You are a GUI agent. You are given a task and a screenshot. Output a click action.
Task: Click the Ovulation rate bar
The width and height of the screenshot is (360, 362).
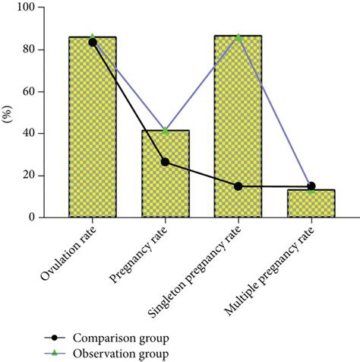(x=92, y=137)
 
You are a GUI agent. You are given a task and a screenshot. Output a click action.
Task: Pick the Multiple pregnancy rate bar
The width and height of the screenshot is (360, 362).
(x=311, y=205)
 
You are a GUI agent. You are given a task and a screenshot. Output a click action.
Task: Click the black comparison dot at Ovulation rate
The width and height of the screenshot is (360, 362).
(x=93, y=43)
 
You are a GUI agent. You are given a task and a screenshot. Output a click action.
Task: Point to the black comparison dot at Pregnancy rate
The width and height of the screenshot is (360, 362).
(x=165, y=162)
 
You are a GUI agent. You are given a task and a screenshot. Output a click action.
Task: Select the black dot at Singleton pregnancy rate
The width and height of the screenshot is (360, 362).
(x=238, y=186)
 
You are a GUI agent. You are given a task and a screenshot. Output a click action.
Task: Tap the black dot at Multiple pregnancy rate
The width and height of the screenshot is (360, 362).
(x=311, y=186)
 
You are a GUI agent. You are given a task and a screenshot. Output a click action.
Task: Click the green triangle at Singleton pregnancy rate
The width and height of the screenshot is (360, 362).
(x=238, y=37)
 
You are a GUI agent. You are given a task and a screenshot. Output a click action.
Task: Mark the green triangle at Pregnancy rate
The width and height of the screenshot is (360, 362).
(x=165, y=131)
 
